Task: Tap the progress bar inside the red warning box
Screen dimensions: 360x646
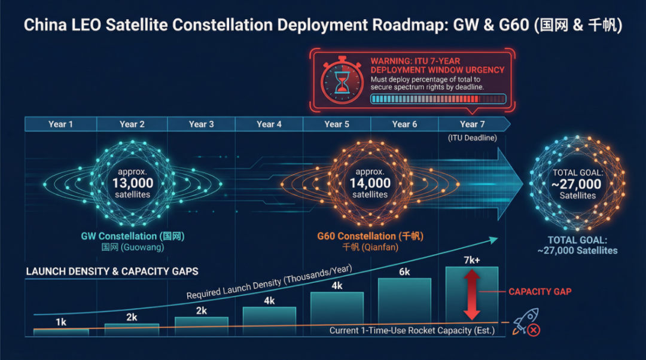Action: (438, 99)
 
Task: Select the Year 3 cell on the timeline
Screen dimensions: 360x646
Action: (202, 124)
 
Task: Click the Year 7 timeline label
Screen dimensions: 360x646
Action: (473, 124)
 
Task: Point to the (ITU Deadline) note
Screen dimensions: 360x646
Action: (473, 138)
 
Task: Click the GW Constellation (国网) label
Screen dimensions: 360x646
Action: (133, 236)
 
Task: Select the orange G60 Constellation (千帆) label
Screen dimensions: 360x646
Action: (370, 236)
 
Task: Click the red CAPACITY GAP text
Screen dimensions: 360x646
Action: (540, 292)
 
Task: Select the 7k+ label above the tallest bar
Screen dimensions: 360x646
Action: (472, 261)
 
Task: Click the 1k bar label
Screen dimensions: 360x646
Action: (61, 322)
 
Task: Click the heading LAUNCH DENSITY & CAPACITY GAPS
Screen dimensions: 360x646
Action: (112, 271)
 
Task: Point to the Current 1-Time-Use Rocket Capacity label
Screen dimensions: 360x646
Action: (412, 330)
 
